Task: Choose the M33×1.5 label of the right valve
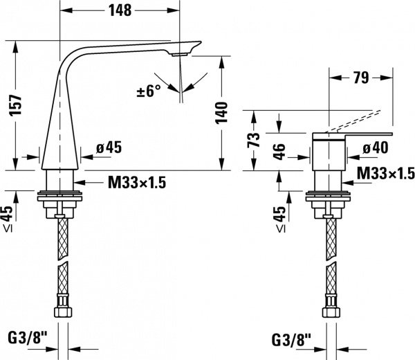(385, 173)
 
